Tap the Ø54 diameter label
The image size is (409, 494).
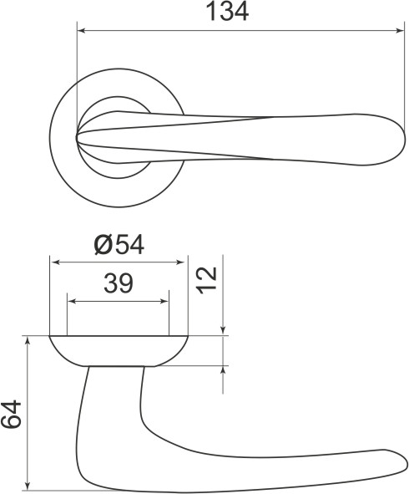119,245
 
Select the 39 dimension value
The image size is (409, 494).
119,283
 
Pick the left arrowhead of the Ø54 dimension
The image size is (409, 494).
56,262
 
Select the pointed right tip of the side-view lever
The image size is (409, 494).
406,457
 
